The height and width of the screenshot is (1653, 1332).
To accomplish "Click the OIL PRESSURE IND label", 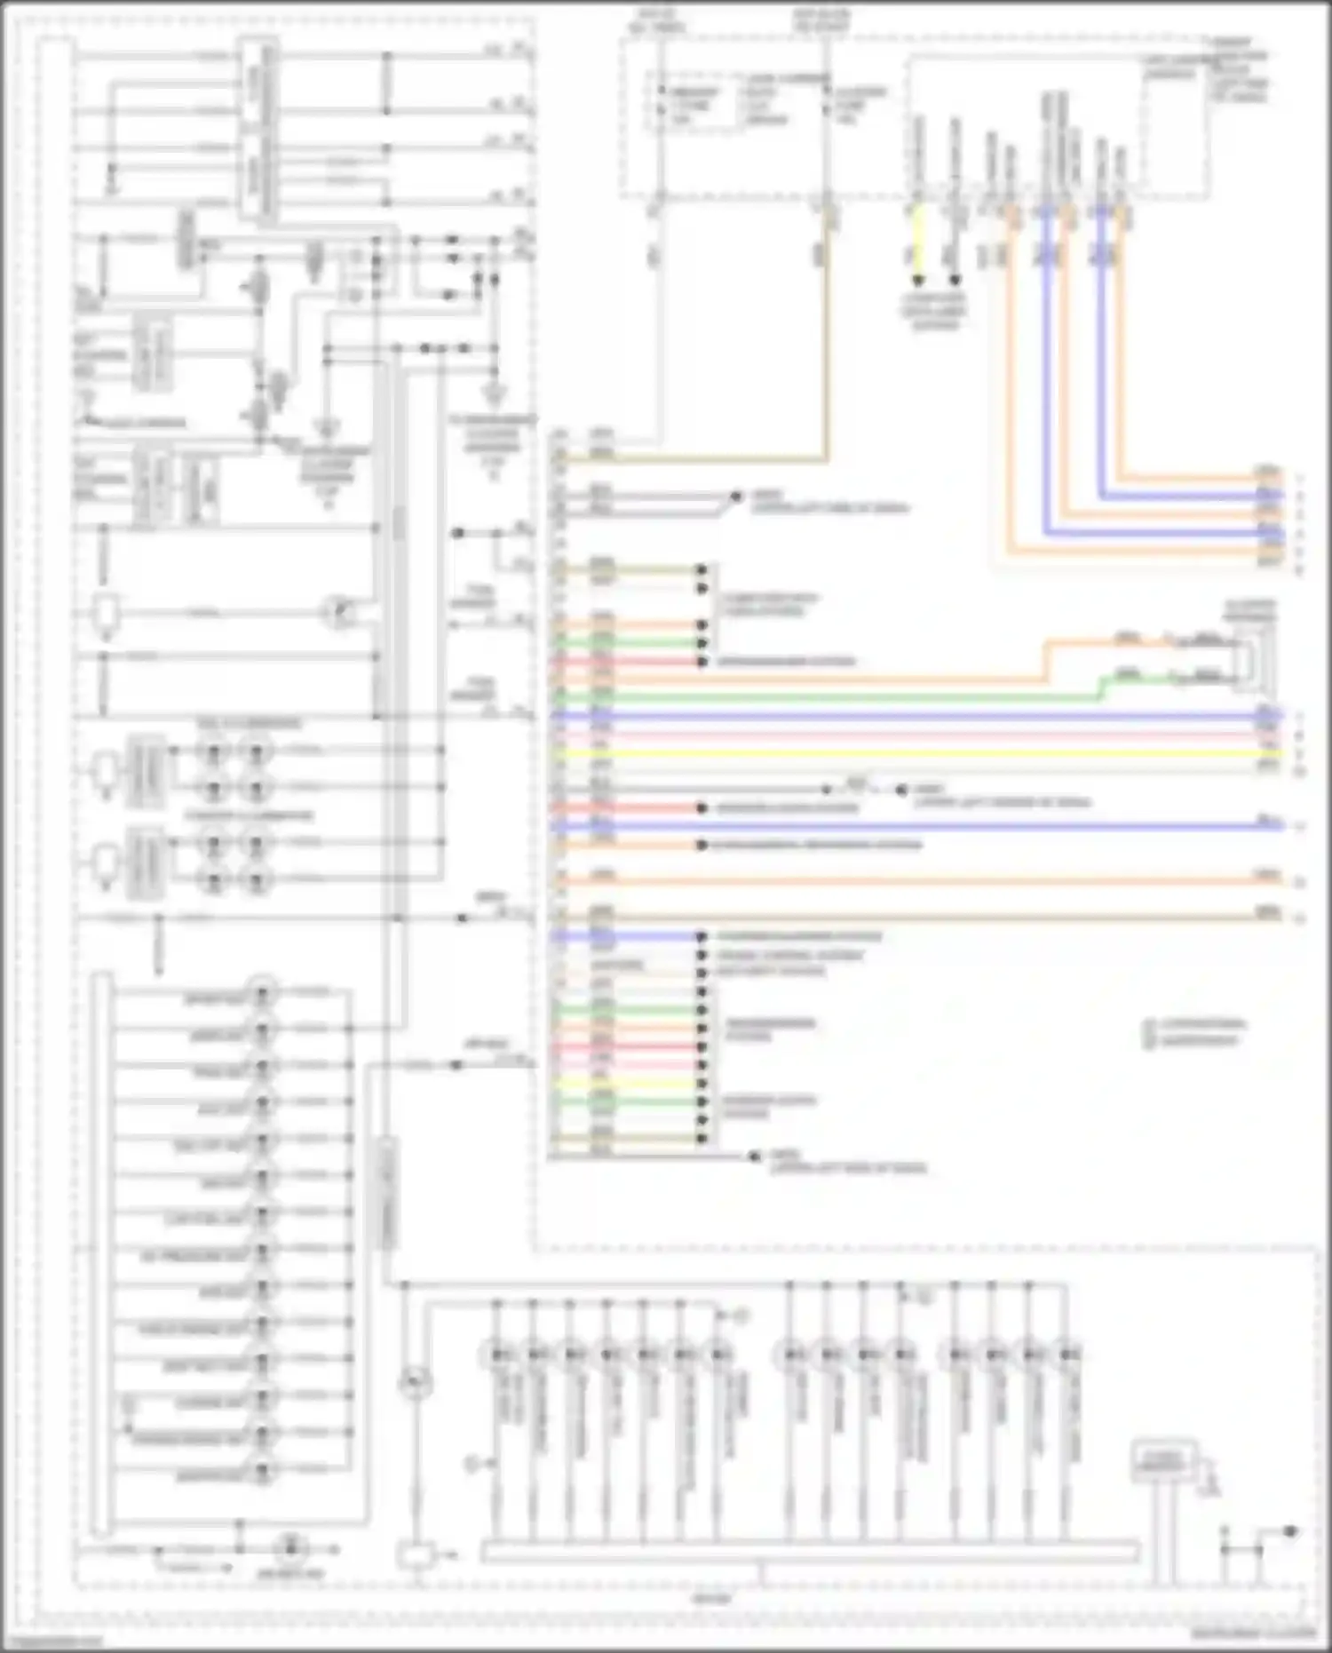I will tap(193, 1255).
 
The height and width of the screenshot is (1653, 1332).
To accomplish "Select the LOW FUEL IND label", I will tap(204, 1219).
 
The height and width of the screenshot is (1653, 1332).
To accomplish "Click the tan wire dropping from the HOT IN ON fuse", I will tap(827, 355).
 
